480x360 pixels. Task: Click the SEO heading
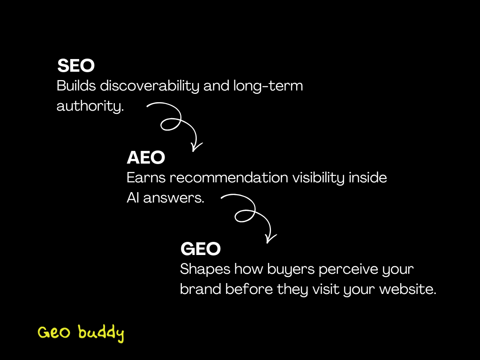point(76,66)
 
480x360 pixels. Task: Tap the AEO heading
point(146,158)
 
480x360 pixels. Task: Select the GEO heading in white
point(200,249)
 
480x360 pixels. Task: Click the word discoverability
point(151,87)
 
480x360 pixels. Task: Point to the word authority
point(90,106)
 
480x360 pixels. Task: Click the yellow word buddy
point(101,333)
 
